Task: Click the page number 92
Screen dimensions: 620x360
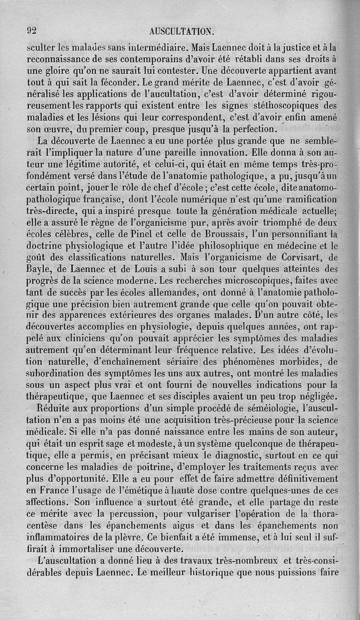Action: pos(31,31)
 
